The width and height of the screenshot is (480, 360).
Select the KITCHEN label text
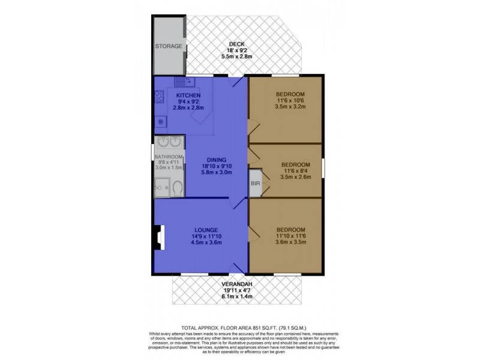(188, 95)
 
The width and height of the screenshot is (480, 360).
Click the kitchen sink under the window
(182, 82)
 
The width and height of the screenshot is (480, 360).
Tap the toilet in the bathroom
(176, 188)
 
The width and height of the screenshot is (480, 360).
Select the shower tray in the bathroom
(162, 188)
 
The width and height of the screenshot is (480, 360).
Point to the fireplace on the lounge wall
(157, 236)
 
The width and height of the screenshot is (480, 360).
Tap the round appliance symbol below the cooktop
(160, 122)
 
